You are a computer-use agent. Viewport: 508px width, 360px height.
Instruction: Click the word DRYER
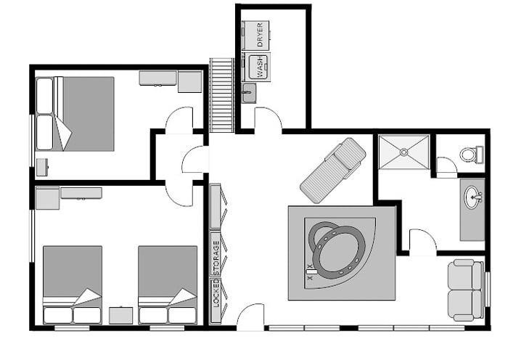pyautogui.click(x=260, y=35)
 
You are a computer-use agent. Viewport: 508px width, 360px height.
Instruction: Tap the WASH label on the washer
pyautogui.click(x=260, y=67)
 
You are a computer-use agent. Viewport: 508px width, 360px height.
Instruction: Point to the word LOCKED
pyautogui.click(x=216, y=293)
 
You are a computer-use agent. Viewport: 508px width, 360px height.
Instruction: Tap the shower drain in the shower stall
pyautogui.click(x=403, y=152)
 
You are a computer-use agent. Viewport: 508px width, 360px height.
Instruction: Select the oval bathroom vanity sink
pyautogui.click(x=474, y=197)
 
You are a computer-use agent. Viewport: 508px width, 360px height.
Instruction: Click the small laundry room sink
pyautogui.click(x=248, y=93)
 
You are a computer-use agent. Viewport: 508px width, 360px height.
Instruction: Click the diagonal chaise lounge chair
pyautogui.click(x=333, y=171)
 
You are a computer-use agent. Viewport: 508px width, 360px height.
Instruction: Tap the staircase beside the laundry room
pyautogui.click(x=221, y=95)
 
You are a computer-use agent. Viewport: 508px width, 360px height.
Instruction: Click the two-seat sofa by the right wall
pyautogui.click(x=466, y=290)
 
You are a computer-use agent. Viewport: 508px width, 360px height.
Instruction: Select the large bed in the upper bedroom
pyautogui.click(x=75, y=114)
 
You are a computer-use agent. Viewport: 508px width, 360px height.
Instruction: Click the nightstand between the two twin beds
pyautogui.click(x=121, y=315)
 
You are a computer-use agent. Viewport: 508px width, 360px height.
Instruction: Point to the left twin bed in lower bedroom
pyautogui.click(x=73, y=285)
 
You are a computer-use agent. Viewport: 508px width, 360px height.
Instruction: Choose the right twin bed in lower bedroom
pyautogui.click(x=168, y=285)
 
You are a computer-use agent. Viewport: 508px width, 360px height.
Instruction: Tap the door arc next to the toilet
pyautogui.click(x=447, y=166)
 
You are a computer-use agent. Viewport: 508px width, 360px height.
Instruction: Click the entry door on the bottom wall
pyautogui.click(x=250, y=317)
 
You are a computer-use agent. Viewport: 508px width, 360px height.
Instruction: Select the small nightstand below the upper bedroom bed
pyautogui.click(x=42, y=167)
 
